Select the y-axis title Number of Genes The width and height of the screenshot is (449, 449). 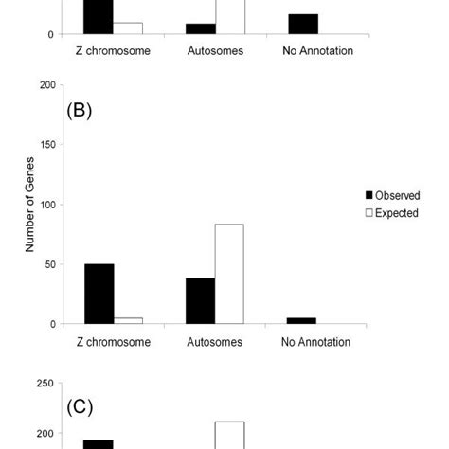pos(29,205)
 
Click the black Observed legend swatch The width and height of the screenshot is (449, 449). pos(369,196)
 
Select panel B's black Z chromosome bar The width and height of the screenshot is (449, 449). pos(99,294)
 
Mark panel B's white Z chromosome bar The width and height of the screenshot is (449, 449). pos(128,320)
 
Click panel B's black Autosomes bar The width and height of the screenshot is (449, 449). pos(200,300)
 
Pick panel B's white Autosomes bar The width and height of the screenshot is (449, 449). pos(229,274)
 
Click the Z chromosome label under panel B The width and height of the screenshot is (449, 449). pos(113,342)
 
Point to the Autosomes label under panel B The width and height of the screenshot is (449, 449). pos(215,342)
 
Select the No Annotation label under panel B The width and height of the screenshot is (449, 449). pos(317,342)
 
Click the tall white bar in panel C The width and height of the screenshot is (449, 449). pos(229,435)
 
